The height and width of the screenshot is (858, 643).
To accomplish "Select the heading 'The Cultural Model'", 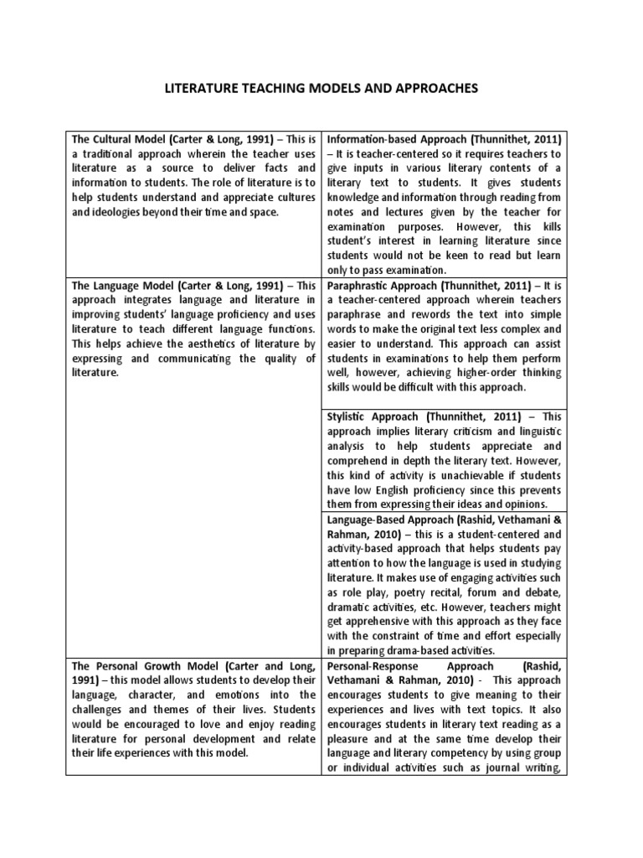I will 126,138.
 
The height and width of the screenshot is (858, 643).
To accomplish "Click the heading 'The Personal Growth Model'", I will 150,666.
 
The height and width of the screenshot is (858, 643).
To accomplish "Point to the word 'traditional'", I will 114,153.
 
